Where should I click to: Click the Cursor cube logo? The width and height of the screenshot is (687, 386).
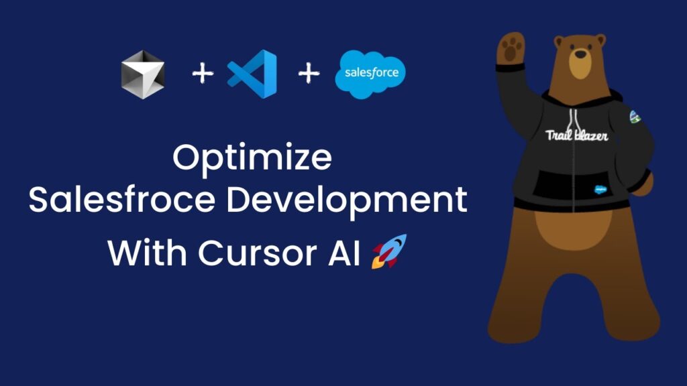tap(142, 74)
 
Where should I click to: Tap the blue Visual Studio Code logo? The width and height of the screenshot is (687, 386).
tap(252, 74)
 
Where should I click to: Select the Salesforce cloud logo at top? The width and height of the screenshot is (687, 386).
tap(370, 74)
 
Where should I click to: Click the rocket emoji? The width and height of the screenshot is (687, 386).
tap(388, 251)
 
